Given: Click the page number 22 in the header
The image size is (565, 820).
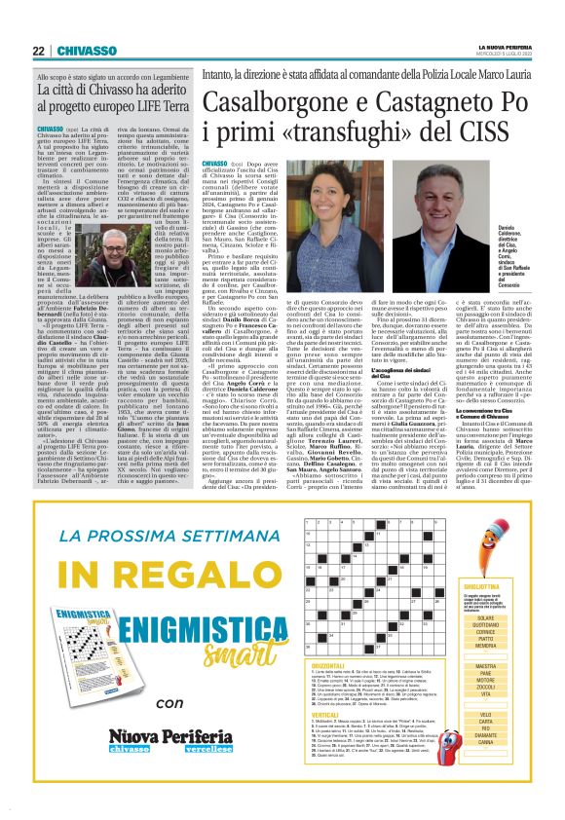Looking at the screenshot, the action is [38, 51].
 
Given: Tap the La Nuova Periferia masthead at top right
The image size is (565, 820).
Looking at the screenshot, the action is [498, 47].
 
